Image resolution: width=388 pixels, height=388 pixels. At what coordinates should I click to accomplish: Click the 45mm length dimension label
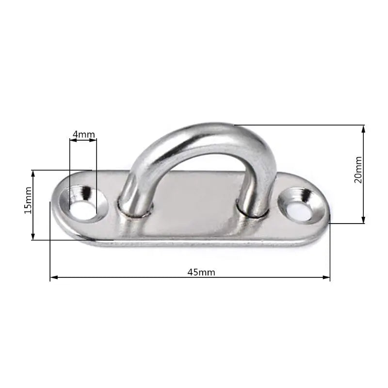[x=201, y=272]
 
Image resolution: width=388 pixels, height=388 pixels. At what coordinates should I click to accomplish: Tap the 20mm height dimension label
[x=358, y=169]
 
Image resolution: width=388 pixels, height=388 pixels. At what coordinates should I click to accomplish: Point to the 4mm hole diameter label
[x=84, y=134]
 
